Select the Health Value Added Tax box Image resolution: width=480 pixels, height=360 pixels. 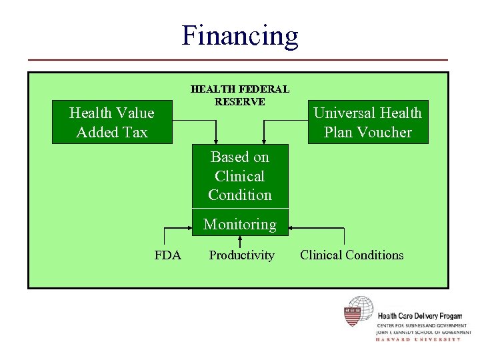tap(112, 123)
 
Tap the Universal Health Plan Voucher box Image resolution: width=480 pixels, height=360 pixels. tap(367, 123)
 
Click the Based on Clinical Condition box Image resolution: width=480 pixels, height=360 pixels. tap(240, 176)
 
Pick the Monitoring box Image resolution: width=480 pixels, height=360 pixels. tap(240, 224)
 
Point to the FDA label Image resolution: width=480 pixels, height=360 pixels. tap(167, 255)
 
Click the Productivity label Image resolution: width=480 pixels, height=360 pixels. tap(241, 255)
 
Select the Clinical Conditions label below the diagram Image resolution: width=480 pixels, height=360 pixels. tap(351, 255)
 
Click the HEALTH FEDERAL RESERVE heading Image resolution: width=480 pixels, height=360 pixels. tap(240, 95)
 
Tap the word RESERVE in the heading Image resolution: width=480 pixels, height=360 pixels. tap(240, 102)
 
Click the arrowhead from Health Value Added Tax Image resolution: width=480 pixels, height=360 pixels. tap(215, 140)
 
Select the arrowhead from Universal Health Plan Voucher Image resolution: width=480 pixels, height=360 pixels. tap(264, 140)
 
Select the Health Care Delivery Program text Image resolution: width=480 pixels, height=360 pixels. tap(419, 316)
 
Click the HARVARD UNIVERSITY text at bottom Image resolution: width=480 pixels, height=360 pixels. tap(418, 339)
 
